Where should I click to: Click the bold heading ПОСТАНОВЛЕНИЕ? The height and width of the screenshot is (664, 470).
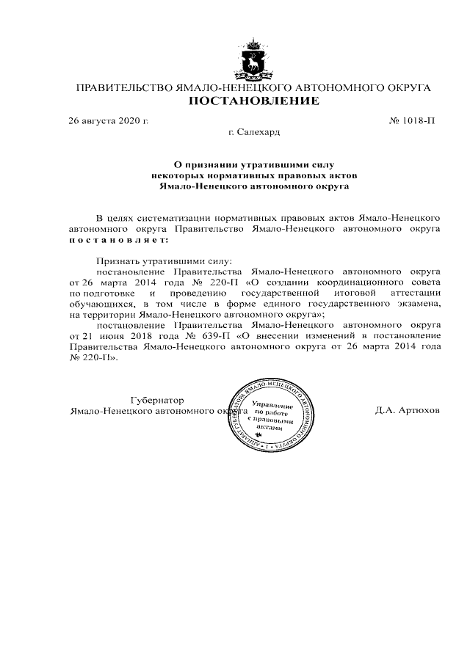[x=253, y=101]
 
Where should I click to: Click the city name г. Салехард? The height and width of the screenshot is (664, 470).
[x=254, y=132]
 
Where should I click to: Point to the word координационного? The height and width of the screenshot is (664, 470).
[x=357, y=282]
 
